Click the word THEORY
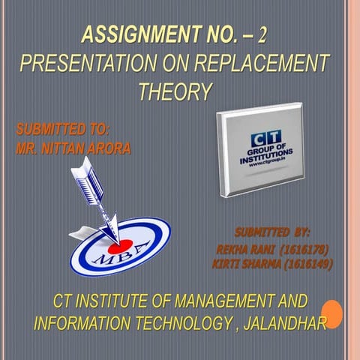(x=174, y=91)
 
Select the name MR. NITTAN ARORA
(x=73, y=148)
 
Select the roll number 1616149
(x=304, y=264)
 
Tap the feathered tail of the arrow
(x=80, y=181)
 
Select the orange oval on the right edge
(x=332, y=313)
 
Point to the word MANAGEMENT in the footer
(x=208, y=302)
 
